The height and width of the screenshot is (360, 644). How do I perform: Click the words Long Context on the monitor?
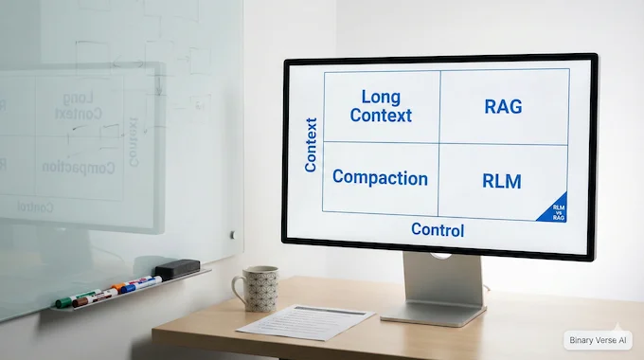coord(381,106)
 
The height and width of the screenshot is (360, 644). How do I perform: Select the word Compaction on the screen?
coord(380,178)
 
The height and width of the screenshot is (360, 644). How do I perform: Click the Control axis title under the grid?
coord(438,229)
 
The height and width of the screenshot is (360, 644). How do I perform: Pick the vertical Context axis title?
coord(311,145)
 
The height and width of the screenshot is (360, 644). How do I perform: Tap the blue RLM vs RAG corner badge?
coord(555,211)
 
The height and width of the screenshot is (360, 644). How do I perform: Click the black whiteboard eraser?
coord(177,269)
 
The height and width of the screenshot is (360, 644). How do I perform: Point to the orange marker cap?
coord(117,285)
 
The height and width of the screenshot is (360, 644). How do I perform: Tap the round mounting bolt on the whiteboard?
coord(232,234)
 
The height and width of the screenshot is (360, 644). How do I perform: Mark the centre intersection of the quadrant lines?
coord(439,143)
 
